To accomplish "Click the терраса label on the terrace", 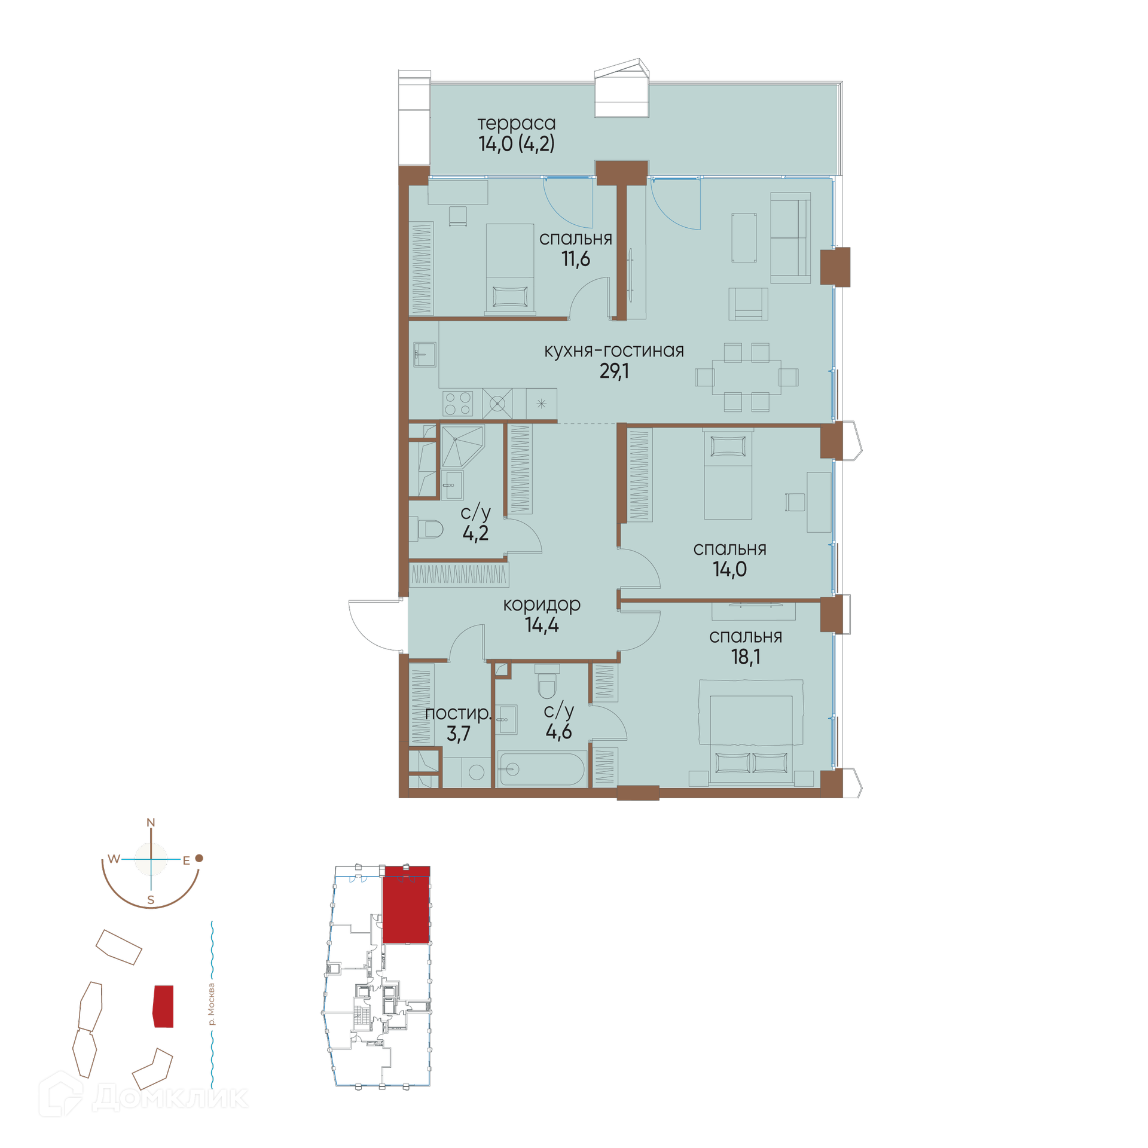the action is [517, 124].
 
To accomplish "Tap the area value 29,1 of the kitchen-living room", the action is [614, 371].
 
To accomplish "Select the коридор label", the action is [542, 604].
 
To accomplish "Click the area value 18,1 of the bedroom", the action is [746, 657].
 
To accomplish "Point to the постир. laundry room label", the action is [458, 713].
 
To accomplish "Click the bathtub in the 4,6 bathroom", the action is [542, 769].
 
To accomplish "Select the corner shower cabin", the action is [462, 446].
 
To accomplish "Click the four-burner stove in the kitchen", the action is [457, 403].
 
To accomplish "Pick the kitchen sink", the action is [425, 354].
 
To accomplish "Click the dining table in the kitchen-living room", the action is [746, 377].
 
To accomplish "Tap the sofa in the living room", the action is [790, 238].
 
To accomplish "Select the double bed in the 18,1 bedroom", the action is [751, 732].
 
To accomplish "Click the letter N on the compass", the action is [151, 823].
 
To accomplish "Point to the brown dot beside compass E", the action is [200, 858].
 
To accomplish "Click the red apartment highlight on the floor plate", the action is [406, 905].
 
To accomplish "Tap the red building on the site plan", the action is [163, 1006].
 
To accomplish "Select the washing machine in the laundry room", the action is [477, 772].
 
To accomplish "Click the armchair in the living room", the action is [748, 304].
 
